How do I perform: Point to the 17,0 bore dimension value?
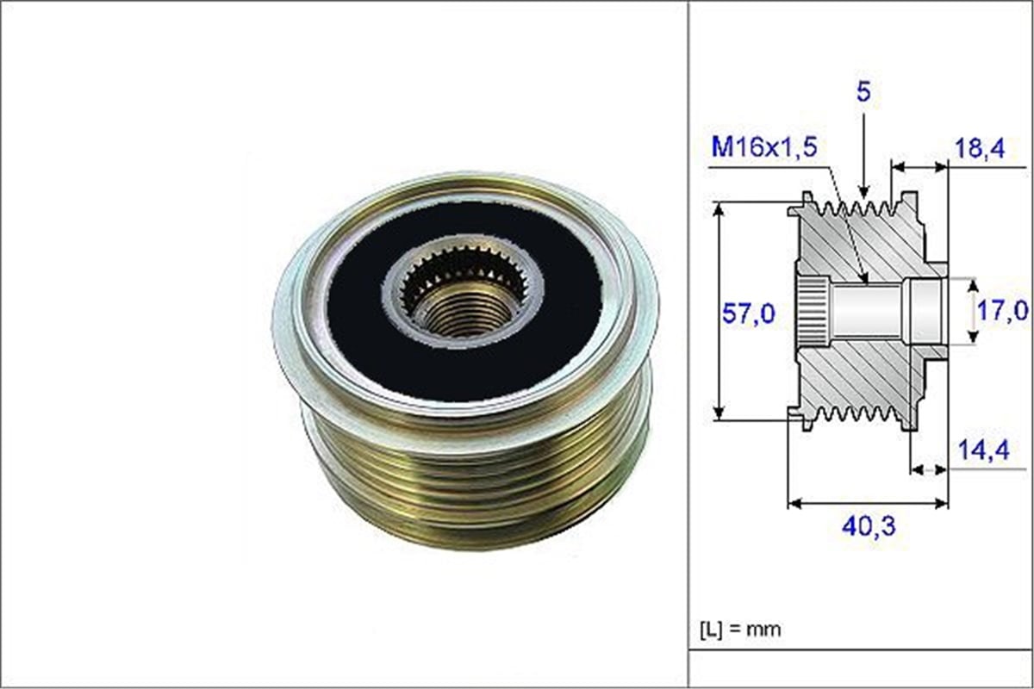click(x=1003, y=308)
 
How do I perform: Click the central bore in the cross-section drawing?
click(x=870, y=312)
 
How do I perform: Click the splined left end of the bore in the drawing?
click(x=810, y=312)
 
